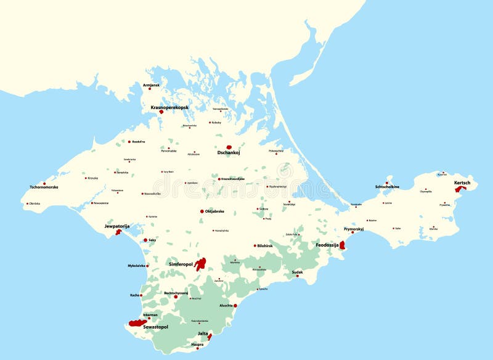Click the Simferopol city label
coord(181,264)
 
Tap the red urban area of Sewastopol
coord(136,322)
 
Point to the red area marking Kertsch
coord(458,189)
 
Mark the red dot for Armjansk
coord(149,89)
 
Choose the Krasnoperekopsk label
coord(169,107)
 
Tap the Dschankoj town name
coord(228,153)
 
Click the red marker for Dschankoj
coord(229,148)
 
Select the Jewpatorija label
coord(117,226)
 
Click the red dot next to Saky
coord(145,240)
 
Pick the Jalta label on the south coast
coord(203,333)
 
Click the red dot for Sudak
coord(298,276)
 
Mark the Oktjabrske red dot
coord(202,211)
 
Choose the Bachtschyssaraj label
coord(176,293)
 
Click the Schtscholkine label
coord(386,187)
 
